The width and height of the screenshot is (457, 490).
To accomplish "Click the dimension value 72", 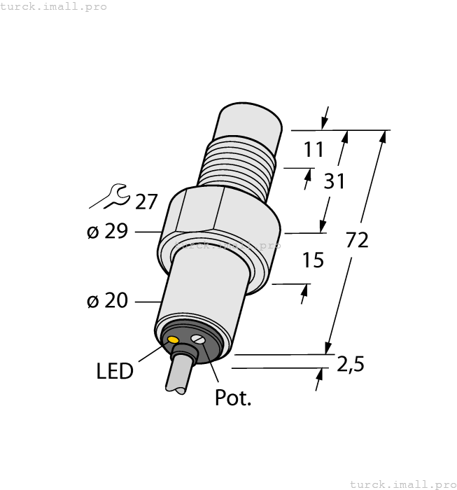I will click(357, 240).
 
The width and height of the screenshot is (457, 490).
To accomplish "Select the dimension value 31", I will click(334, 182).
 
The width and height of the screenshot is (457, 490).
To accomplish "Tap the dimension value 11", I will click(314, 150).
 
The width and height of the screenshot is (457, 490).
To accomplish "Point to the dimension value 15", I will click(313, 260).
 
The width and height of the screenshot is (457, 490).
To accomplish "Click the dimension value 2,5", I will click(351, 364).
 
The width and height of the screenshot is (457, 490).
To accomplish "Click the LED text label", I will click(115, 371).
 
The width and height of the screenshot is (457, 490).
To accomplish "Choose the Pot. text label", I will click(232, 398).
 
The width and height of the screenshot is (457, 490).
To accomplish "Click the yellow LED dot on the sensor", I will click(174, 339).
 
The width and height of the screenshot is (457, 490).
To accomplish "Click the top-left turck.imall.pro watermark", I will click(54, 6).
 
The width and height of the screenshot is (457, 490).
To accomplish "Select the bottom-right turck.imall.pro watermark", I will click(402, 484).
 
